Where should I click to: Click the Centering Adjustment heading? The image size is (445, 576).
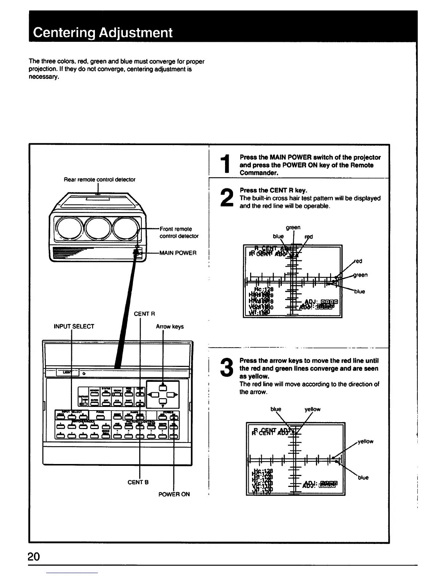(x=103, y=33)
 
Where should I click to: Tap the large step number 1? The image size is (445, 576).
(x=226, y=165)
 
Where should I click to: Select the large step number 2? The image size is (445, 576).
(x=226, y=199)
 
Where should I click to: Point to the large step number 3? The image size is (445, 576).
(x=226, y=368)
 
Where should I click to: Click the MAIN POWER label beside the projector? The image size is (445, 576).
(x=178, y=253)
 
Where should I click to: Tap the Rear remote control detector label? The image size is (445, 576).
(x=100, y=179)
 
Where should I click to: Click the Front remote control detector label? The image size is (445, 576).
(x=179, y=232)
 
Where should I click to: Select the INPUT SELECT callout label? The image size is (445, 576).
(x=74, y=326)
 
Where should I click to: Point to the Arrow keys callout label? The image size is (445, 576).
(x=170, y=326)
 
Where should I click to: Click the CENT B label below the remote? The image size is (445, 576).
(x=138, y=482)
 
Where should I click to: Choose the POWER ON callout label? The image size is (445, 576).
(x=174, y=494)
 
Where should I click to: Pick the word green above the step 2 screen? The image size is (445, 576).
(x=293, y=227)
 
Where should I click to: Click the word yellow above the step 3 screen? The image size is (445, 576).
(x=312, y=409)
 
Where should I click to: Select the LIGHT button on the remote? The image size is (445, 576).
(x=67, y=372)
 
